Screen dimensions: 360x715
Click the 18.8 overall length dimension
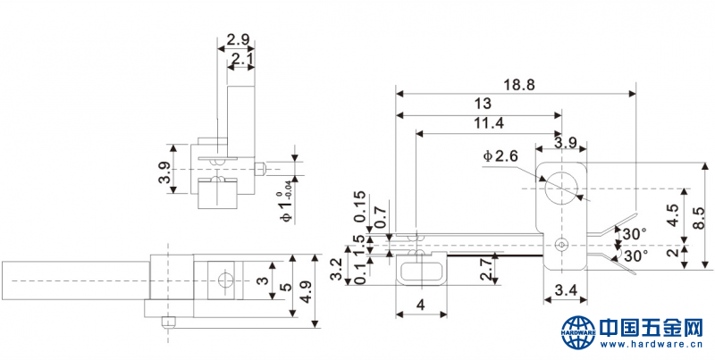pos(517,85)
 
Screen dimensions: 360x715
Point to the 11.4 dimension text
pos(489,123)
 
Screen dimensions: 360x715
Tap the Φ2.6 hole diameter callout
pos(500,156)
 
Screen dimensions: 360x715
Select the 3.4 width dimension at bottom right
pos(565,289)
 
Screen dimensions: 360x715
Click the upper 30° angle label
pos(635,234)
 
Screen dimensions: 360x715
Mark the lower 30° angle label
pos(635,255)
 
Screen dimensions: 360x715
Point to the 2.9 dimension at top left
pos(238,39)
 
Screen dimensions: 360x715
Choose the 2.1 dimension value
pos(241,59)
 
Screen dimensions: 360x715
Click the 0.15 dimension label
pos(359,206)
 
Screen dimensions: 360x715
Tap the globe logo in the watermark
pos(577,331)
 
